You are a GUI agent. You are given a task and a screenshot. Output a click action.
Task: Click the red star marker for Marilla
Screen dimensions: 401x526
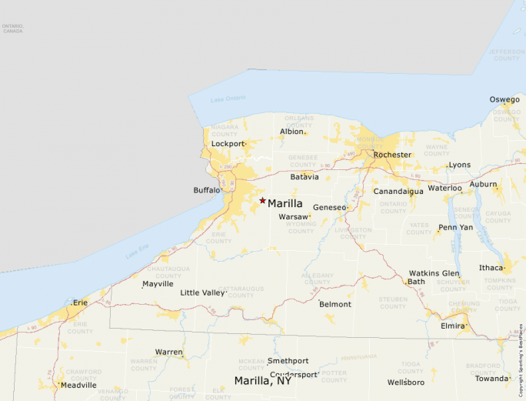(262, 200)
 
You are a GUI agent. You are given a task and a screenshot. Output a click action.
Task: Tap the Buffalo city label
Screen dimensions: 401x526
(206, 190)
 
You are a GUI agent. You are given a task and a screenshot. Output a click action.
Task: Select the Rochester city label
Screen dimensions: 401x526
(392, 155)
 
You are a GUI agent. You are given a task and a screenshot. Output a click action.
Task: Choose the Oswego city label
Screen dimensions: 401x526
(504, 99)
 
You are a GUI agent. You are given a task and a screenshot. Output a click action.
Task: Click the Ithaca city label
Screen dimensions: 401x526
(491, 268)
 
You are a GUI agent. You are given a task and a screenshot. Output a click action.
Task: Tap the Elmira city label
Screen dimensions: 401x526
(452, 326)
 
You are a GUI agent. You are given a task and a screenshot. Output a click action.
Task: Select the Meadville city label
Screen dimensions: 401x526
(79, 385)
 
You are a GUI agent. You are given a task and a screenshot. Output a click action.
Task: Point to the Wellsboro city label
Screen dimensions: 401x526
(406, 382)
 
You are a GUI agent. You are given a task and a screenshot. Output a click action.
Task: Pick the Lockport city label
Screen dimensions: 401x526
(227, 144)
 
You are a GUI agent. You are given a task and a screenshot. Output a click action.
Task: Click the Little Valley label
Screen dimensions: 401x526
(202, 292)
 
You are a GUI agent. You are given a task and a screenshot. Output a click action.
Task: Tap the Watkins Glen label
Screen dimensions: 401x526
(434, 273)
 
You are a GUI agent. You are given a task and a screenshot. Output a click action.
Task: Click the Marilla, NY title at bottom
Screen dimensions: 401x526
(263, 381)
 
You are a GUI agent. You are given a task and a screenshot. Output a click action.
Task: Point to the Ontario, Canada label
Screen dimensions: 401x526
(13, 28)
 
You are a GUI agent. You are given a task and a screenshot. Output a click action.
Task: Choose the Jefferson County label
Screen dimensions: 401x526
(507, 55)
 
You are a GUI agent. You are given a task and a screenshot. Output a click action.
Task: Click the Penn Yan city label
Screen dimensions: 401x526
(456, 227)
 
